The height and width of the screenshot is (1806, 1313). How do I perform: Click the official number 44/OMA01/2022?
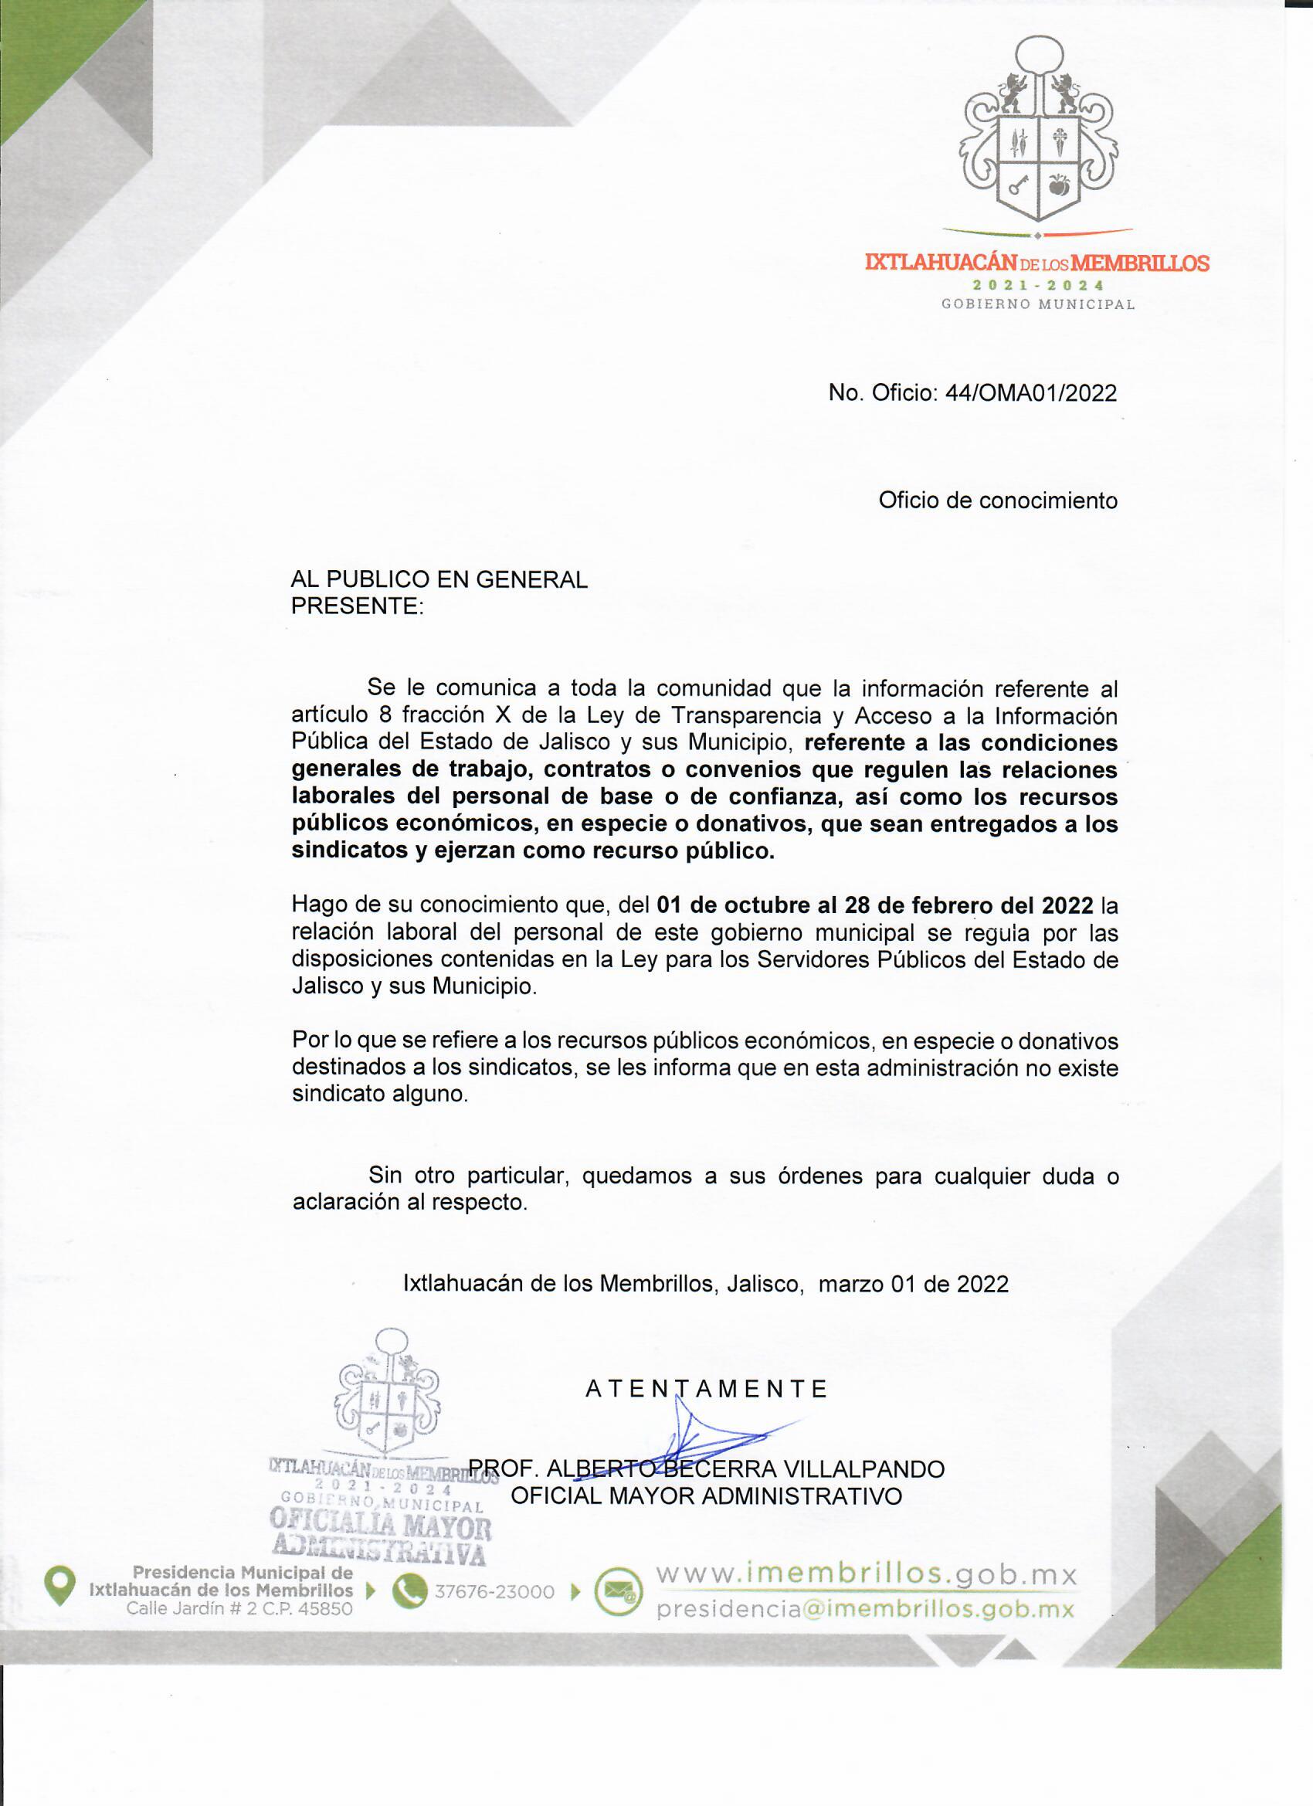click(x=1030, y=392)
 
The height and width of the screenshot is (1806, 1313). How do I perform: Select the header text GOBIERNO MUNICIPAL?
click(x=1038, y=304)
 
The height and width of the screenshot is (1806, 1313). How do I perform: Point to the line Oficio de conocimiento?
click(x=998, y=500)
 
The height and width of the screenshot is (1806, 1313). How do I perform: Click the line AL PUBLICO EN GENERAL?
click(x=439, y=579)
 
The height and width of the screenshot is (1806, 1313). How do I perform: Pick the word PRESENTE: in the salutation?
click(x=357, y=606)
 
